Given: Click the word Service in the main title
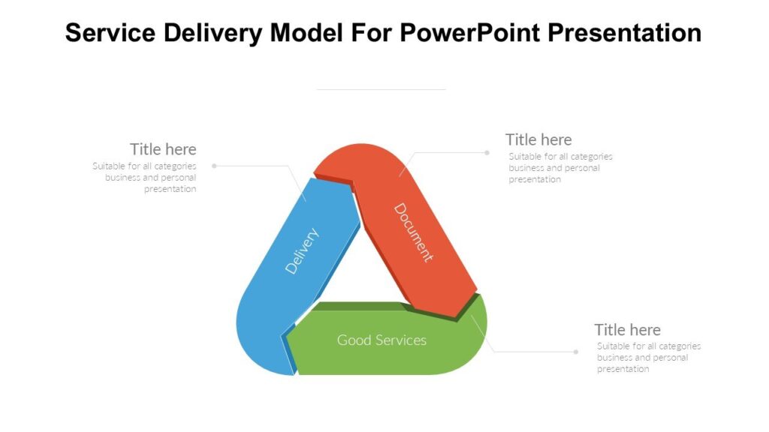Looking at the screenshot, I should point(108,32).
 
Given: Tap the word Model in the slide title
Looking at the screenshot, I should point(309,32).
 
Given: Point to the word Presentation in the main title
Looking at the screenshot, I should point(625,32).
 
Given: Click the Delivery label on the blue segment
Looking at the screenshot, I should point(302,250).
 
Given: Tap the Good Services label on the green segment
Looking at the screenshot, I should point(381,340).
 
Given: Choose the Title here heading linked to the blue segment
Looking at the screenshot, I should point(163,148).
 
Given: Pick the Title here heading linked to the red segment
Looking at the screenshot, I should point(538,139).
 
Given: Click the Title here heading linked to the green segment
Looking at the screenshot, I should point(628,329).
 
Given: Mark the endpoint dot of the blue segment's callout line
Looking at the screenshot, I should point(214,165).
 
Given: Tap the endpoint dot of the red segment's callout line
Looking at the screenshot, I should point(487,152).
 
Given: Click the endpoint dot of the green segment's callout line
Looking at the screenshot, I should point(576,352).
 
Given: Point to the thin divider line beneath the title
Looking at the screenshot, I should point(381,89).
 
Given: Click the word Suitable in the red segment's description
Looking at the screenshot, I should point(524,157).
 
